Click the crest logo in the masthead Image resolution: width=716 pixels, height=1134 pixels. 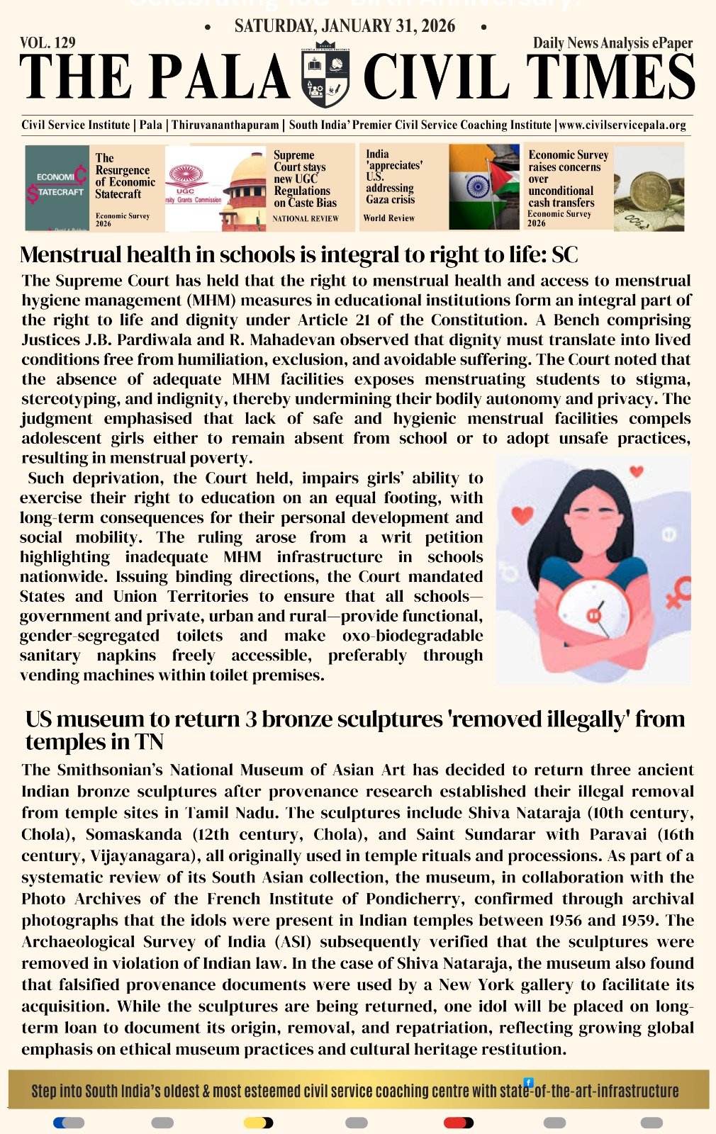326,75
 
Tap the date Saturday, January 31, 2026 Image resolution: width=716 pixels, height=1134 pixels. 345,26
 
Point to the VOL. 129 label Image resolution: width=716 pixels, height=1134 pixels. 47,43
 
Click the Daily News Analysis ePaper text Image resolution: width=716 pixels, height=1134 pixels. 612,43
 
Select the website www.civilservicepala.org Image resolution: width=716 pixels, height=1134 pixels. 622,125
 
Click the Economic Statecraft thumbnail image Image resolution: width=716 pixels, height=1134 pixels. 57,188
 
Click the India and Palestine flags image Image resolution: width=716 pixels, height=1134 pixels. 484,187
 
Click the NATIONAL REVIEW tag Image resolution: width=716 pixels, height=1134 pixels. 306,219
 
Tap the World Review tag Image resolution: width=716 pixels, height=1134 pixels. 388,218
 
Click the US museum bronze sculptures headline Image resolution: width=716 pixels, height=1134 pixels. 354,729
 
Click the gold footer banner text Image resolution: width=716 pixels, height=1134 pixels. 354,1091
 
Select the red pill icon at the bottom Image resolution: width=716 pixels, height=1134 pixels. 457,1123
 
